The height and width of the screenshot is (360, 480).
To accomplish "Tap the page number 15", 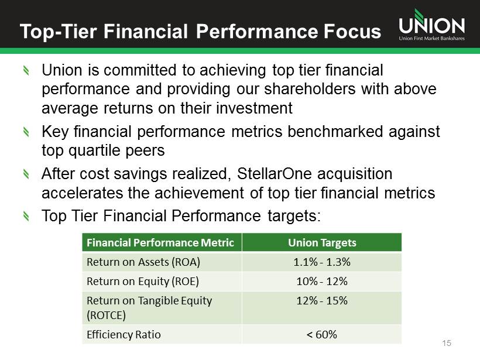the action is click(x=447, y=343).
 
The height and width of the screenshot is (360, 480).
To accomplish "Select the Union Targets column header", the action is click(x=322, y=243).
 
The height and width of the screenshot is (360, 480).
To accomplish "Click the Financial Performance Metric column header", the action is click(x=160, y=243).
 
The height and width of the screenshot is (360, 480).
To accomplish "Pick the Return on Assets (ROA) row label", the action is click(x=143, y=262).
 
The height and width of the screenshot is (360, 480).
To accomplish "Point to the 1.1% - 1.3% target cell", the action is click(x=322, y=262).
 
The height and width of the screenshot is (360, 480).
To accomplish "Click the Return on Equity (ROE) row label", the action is click(x=143, y=282).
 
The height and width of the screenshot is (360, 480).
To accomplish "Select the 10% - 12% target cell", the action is click(x=322, y=282).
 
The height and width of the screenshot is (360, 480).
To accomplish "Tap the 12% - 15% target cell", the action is click(x=322, y=301).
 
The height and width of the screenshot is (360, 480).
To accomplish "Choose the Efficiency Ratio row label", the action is click(x=124, y=335).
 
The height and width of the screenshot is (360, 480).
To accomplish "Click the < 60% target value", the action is click(x=322, y=335).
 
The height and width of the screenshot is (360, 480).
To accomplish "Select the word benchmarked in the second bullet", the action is click(x=335, y=132).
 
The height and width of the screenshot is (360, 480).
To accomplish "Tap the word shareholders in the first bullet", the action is click(x=310, y=89).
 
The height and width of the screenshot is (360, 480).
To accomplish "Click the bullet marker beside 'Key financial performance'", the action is click(x=26, y=132).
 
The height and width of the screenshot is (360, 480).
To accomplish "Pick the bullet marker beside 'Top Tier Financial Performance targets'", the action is click(x=26, y=217).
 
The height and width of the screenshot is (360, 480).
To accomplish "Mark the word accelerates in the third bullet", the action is click(x=82, y=193).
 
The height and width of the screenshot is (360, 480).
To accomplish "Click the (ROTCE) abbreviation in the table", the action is click(x=106, y=315).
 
